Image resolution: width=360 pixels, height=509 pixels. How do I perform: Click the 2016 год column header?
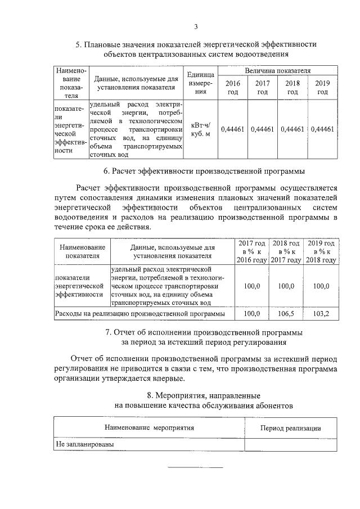pos(232,88)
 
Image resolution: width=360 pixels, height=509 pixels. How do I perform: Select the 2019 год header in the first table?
pos(322,88)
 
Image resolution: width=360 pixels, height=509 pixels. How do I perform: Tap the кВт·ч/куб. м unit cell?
pos(201,129)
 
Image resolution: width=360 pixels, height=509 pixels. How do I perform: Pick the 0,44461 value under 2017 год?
pos(262,129)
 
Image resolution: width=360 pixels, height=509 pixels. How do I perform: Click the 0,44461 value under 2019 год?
pos(322,129)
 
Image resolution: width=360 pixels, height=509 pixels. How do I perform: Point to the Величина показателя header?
pos(277,71)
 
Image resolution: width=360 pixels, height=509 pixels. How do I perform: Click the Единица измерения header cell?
pos(201,83)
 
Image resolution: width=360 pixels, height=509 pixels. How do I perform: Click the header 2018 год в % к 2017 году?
pos(286,251)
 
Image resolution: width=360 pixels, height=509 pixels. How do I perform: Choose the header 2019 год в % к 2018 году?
pos(321,251)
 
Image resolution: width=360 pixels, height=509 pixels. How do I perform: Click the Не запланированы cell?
pos(84,444)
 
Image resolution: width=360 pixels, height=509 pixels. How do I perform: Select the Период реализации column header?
pos(290,428)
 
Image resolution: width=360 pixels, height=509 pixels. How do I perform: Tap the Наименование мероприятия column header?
pos(149,428)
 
